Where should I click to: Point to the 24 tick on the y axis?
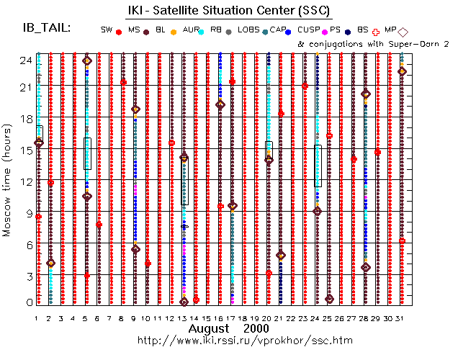coord(24,60)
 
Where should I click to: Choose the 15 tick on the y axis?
coord(24,150)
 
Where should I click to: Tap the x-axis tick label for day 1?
coord(37,318)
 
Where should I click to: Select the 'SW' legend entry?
coord(107,30)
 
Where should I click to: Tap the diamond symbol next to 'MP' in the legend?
coord(403,31)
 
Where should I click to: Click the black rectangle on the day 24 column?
coord(318,166)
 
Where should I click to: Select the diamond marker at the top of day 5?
coord(87,61)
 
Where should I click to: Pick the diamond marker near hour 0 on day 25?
coord(329,299)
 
